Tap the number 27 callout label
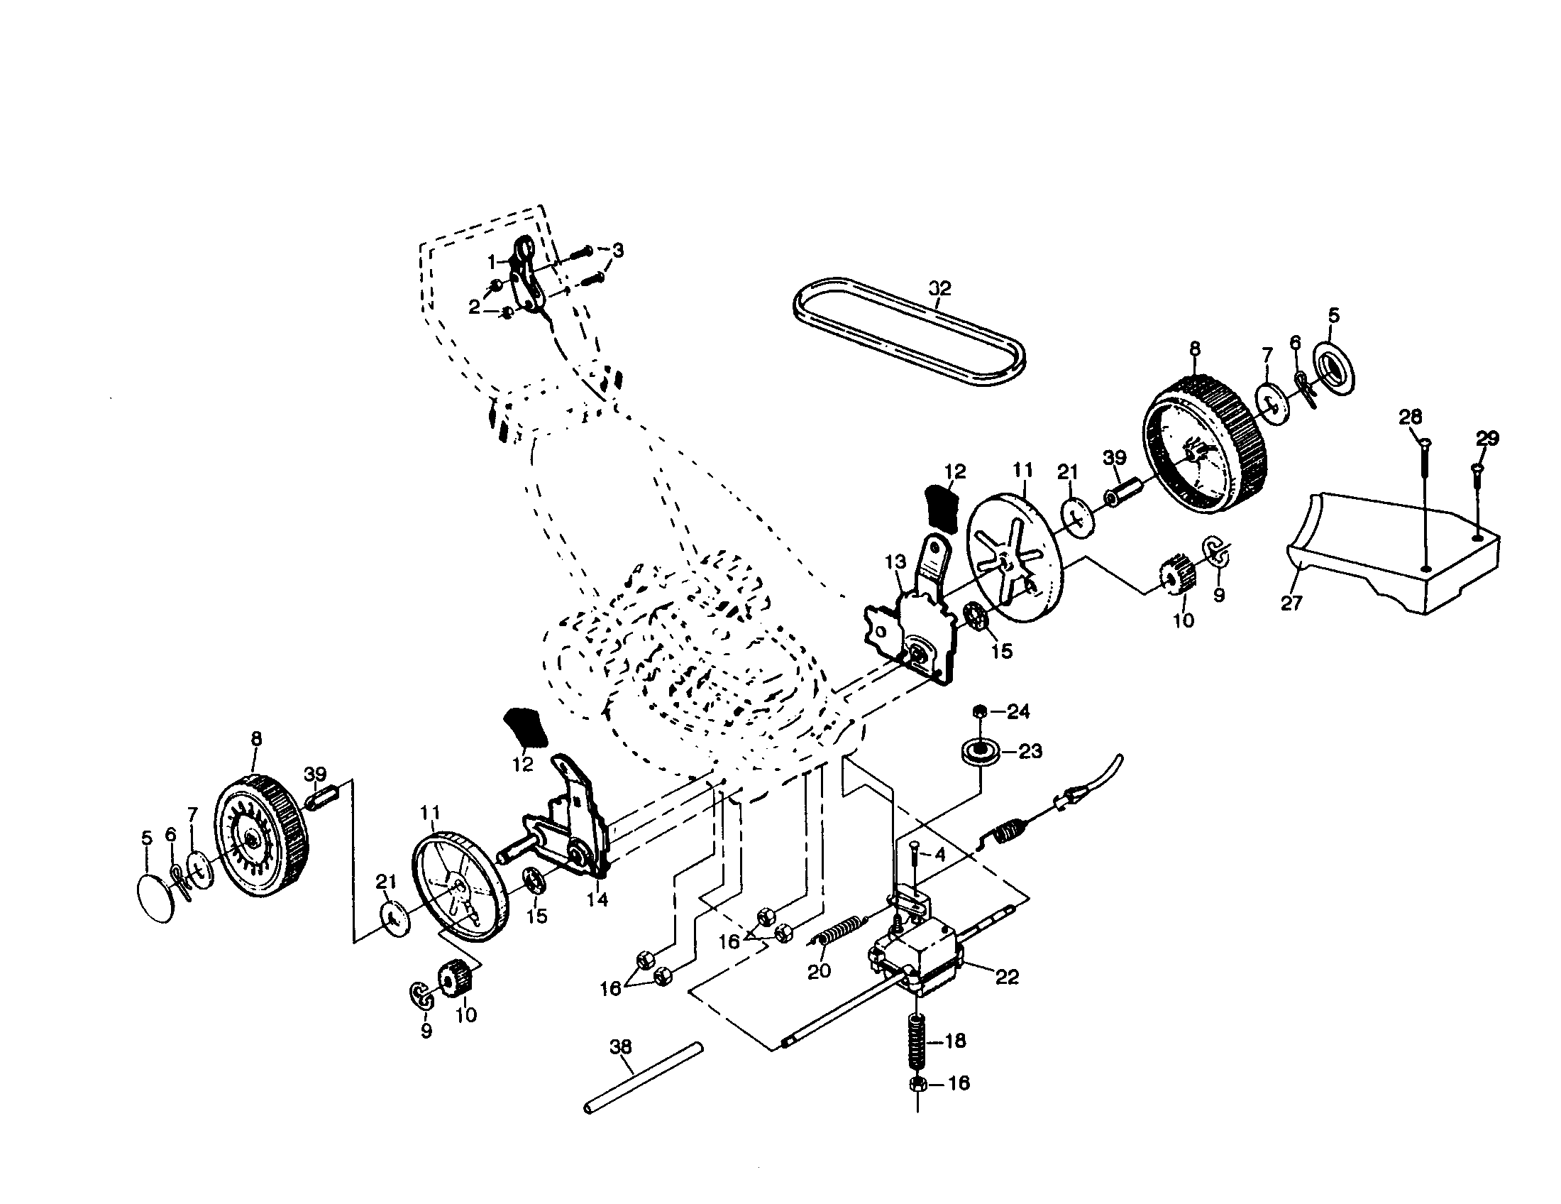1291,603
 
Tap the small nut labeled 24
981,711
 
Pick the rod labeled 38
644,1078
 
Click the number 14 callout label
597,899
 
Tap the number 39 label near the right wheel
1114,458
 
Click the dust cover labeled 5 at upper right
1334,372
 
